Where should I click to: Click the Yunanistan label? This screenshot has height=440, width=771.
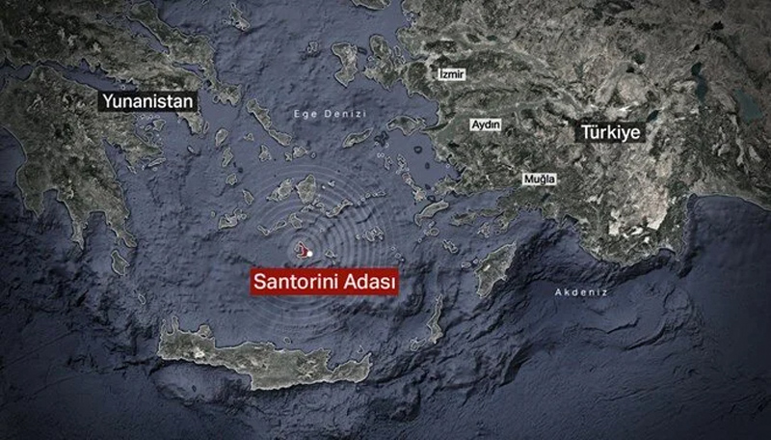[150, 99]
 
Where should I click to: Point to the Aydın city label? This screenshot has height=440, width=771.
[484, 125]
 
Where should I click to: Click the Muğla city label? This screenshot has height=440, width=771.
[538, 180]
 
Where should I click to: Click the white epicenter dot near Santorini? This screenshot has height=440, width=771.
[309, 253]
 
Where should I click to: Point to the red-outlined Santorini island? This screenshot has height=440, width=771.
[301, 252]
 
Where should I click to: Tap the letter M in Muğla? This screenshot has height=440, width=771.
[525, 180]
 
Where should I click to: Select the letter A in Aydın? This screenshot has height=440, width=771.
[472, 125]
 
